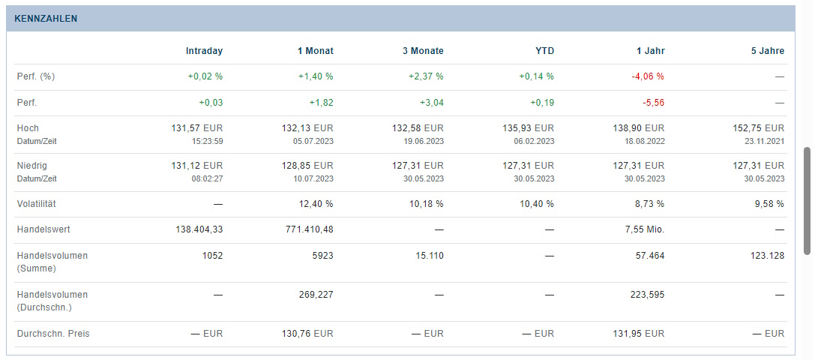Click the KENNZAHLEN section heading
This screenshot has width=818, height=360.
[46, 19]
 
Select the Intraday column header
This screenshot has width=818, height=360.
[204, 51]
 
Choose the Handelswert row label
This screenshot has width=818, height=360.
[43, 229]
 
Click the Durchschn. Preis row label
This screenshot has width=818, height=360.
[52, 334]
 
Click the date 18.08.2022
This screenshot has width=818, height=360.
[644, 141]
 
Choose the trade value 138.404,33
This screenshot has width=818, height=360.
[199, 229]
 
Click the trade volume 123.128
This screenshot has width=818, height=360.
[766, 256]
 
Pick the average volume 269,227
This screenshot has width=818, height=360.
[316, 295]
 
